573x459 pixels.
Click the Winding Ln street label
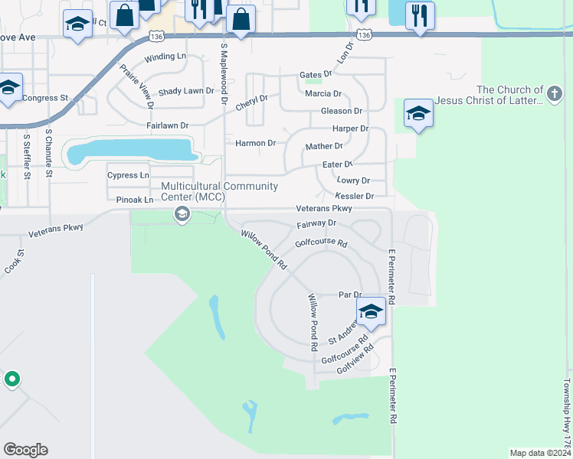[x=165, y=57]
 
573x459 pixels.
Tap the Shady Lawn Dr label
[x=186, y=91]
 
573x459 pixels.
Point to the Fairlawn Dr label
[x=167, y=125]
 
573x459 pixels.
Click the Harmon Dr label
[x=255, y=143]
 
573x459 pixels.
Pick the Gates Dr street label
[x=316, y=74]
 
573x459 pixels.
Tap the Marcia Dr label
[x=323, y=93]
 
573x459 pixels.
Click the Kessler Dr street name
[x=355, y=197]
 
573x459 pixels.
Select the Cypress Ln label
[x=128, y=175]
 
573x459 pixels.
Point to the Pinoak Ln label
[x=135, y=200]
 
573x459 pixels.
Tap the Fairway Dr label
[x=316, y=223]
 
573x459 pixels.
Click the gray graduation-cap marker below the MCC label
[x=182, y=213]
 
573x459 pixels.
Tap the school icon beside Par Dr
[x=371, y=311]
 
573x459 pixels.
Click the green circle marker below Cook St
[x=12, y=379]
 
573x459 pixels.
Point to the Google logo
[x=25, y=450]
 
